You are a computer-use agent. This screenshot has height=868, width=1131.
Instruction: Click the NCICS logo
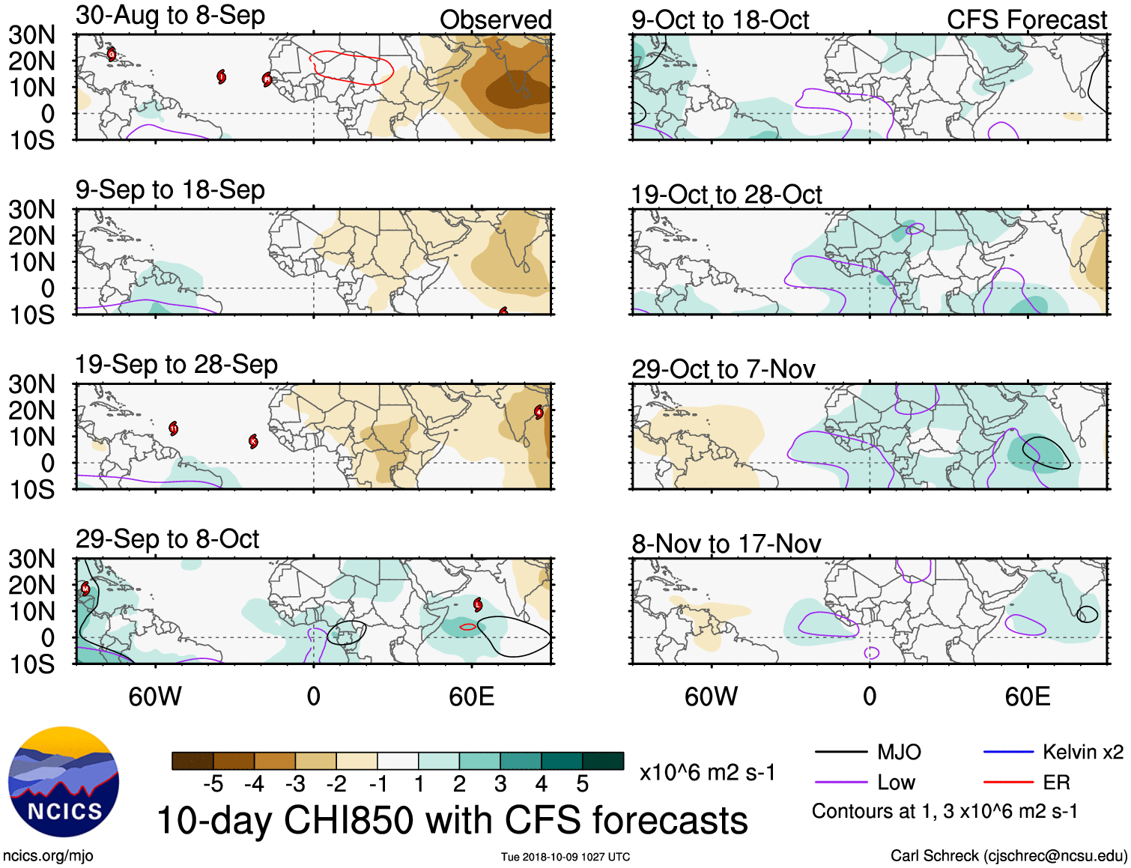[x=63, y=783]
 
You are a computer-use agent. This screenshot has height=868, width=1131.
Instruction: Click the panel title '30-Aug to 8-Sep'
[x=170, y=15]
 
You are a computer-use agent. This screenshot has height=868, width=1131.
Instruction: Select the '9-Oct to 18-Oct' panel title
[x=720, y=20]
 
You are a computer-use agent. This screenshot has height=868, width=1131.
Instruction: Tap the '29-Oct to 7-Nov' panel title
[x=723, y=369]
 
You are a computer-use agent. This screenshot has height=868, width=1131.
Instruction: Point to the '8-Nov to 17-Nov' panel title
[x=726, y=544]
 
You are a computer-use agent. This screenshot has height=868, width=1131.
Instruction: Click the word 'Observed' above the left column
[x=495, y=20]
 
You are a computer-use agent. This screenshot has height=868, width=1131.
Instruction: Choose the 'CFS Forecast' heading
[x=1026, y=20]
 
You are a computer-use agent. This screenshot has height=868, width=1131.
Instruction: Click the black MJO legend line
[x=840, y=752]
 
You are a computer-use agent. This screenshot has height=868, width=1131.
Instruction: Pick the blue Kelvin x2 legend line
[x=1008, y=752]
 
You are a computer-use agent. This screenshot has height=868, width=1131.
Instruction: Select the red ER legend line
[x=1008, y=783]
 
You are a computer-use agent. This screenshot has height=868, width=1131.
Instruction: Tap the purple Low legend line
[x=840, y=783]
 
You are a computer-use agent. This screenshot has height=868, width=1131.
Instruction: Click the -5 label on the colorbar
[x=213, y=784]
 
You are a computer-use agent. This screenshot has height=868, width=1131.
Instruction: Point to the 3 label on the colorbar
[x=500, y=784]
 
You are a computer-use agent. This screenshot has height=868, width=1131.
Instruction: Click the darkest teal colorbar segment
[x=603, y=761]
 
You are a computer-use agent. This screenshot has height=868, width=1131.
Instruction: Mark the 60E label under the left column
[x=471, y=697]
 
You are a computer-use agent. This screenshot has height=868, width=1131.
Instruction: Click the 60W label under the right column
[x=711, y=697]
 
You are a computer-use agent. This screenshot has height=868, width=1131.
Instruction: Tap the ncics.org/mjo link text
[x=48, y=856]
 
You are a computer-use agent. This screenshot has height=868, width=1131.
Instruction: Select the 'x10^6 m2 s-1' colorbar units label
[x=707, y=773]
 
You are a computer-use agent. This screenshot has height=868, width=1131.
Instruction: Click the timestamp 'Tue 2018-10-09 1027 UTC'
[x=565, y=857]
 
